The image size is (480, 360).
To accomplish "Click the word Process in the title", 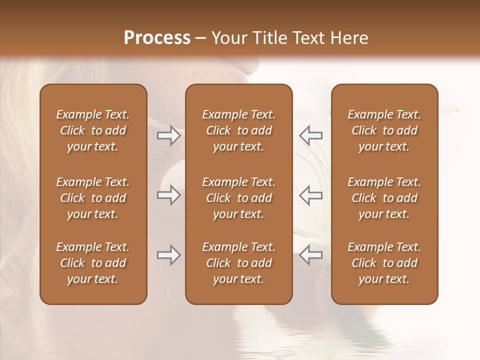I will pyautogui.click(x=157, y=38).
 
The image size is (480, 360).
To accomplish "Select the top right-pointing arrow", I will pyautogui.click(x=169, y=135).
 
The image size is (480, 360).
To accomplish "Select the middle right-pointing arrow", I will pyautogui.click(x=169, y=195).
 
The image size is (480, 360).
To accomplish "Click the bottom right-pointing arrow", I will pyautogui.click(x=169, y=255).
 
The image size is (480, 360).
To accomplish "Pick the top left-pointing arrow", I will pyautogui.click(x=310, y=135).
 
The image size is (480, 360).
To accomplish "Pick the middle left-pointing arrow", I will pyautogui.click(x=310, y=195).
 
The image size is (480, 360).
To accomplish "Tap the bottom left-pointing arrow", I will pyautogui.click(x=310, y=255).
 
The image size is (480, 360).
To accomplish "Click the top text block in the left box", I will pyautogui.click(x=93, y=130).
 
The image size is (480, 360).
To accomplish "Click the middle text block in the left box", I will pyautogui.click(x=93, y=198).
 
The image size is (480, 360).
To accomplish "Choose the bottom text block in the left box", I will pyautogui.click(x=93, y=263).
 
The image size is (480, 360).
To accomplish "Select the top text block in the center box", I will pyautogui.click(x=238, y=130).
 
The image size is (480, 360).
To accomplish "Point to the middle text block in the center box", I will pyautogui.click(x=238, y=198).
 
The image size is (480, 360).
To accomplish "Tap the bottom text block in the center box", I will pyautogui.click(x=238, y=263).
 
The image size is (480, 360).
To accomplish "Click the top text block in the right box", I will pyautogui.click(x=384, y=130).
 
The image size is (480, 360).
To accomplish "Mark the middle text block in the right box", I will pyautogui.click(x=384, y=198).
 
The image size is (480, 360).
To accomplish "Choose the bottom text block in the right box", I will pyautogui.click(x=384, y=263).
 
